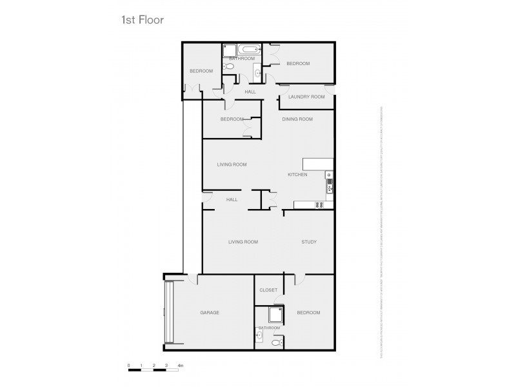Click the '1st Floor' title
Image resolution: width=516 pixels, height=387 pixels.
tap(143, 20)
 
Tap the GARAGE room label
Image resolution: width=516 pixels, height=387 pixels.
tap(210, 313)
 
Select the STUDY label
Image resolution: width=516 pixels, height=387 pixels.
tap(309, 242)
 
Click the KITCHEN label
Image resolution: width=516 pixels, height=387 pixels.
tap(297, 175)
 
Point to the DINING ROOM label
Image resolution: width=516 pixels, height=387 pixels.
tap(297, 119)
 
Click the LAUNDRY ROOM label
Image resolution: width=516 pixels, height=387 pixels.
tap(306, 97)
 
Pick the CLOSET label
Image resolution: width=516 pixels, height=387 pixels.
tap(268, 290)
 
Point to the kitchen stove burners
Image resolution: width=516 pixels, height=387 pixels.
tap(318, 205)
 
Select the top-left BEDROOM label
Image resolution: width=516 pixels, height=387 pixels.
tap(201, 71)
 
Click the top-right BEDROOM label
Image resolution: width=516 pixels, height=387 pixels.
tap(298, 63)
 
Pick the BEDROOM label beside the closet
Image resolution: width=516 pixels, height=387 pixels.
tap(308, 313)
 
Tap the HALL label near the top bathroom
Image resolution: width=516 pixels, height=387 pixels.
tap(250, 92)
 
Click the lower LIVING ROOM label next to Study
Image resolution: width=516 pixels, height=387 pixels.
tap(243, 242)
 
